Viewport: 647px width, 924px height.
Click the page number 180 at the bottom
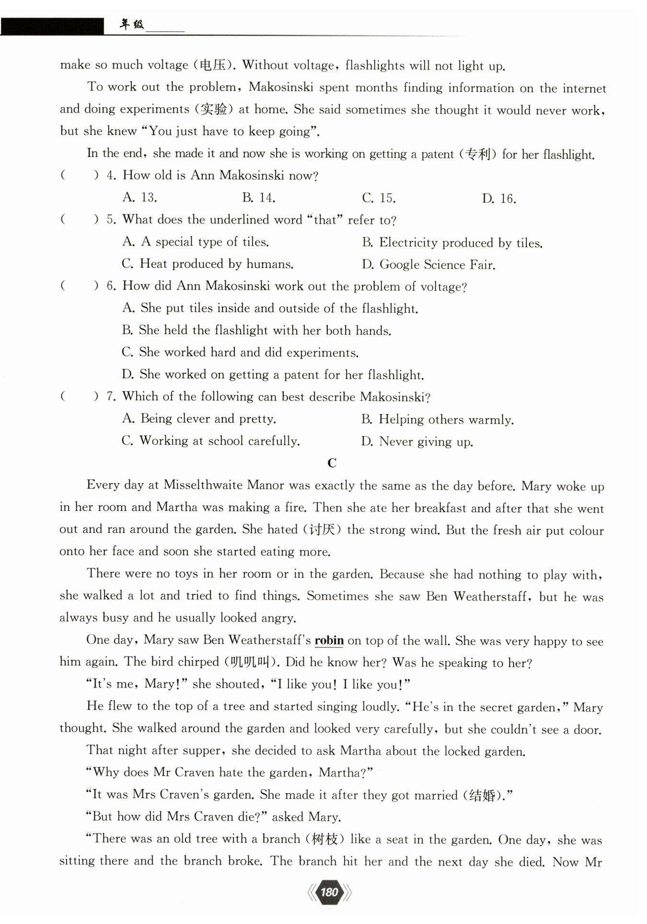[x=329, y=892]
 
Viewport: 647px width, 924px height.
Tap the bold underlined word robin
[x=329, y=641]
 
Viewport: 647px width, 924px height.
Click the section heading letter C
[x=332, y=463]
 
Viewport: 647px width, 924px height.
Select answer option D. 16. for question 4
[x=499, y=199]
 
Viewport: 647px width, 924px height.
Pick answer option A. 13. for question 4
[x=139, y=197]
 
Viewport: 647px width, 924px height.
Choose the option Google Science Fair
[x=428, y=265]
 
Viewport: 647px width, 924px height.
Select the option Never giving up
[x=417, y=441]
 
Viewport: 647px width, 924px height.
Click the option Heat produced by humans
[x=208, y=264]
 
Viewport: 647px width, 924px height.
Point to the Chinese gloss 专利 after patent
[x=478, y=154]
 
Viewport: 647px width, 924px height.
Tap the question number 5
[x=111, y=220]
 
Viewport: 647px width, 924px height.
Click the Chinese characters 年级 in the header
[x=131, y=25]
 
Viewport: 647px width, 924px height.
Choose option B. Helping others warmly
[x=437, y=419]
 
